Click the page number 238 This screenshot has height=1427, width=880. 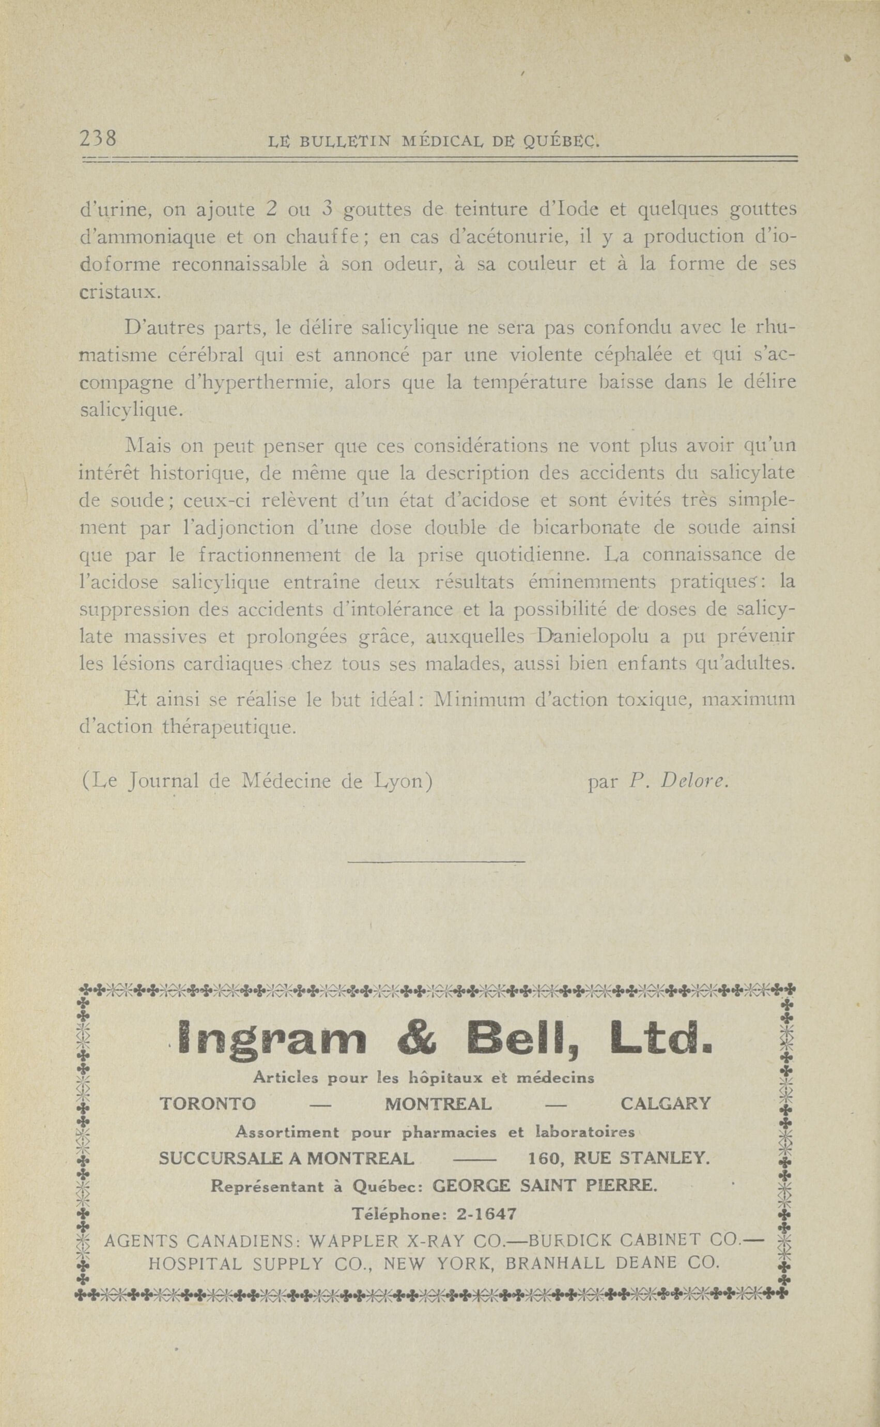[x=98, y=139]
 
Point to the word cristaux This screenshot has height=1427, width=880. [x=118, y=292]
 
